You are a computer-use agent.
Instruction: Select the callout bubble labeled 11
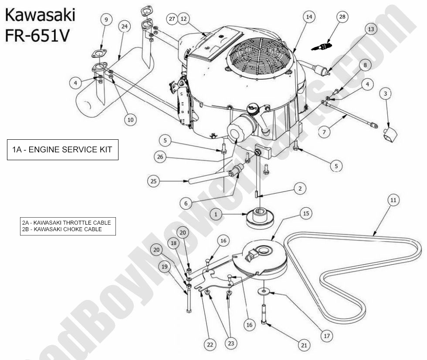(393, 201)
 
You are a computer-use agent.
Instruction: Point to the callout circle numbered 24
(125, 27)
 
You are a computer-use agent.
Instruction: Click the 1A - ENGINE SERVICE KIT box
(62, 150)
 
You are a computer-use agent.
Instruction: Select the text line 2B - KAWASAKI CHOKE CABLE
(61, 229)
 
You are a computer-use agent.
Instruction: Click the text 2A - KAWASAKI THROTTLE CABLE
(66, 222)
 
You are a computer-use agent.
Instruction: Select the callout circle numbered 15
(305, 213)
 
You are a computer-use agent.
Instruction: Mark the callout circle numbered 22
(210, 344)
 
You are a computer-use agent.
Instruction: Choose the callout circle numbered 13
(370, 30)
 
